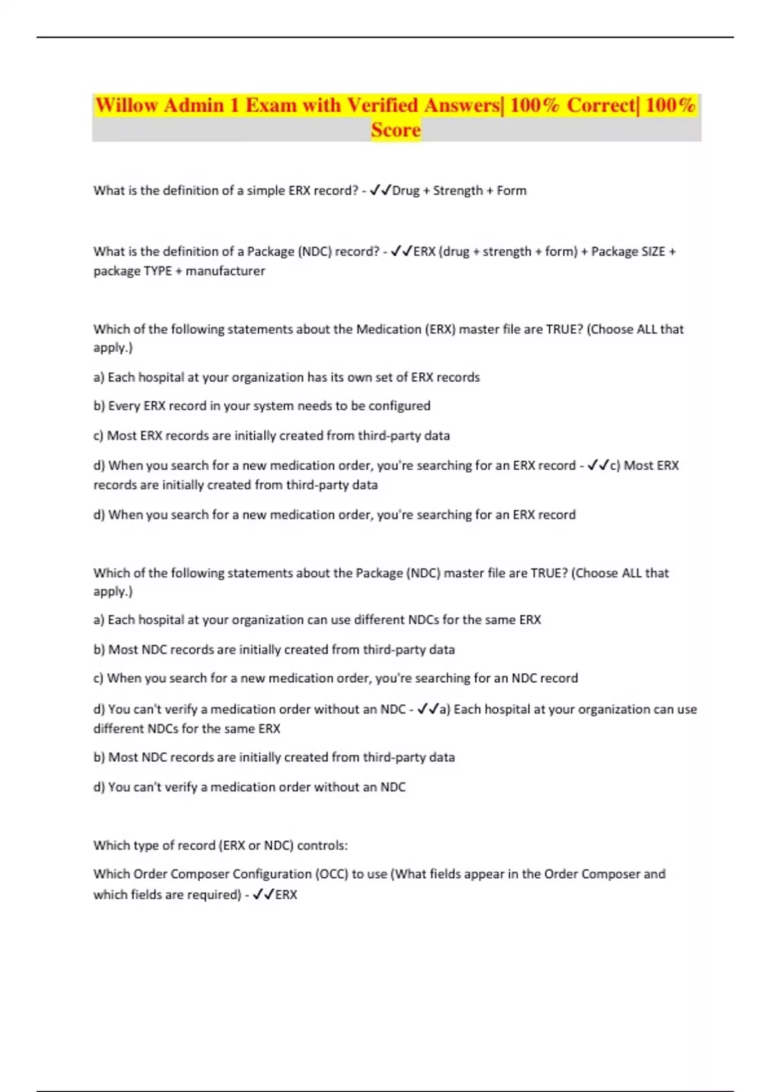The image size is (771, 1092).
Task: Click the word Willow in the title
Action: coord(127,105)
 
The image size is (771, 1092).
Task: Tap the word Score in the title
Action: coord(396,130)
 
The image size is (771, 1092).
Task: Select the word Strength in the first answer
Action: coord(457,191)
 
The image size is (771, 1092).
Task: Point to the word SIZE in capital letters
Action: coord(652,252)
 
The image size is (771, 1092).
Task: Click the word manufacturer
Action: coord(226,271)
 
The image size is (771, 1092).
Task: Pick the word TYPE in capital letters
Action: coord(157,271)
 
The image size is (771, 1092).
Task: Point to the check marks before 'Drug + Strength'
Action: coord(380,191)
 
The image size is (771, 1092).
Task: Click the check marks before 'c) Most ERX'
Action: coord(598,466)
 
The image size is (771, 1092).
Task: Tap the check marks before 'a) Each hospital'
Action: coord(428,710)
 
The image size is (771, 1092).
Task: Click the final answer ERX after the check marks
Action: coord(286,895)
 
